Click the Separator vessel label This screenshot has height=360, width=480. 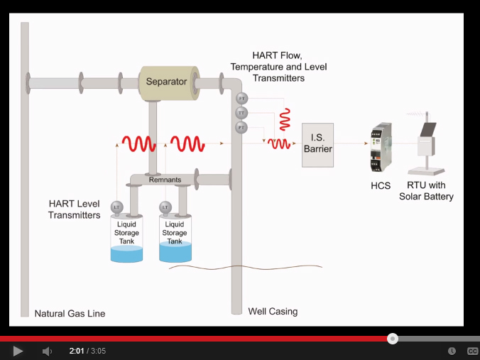pos(166,82)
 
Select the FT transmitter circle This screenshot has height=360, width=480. pos(241,98)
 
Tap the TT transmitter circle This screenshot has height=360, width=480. pos(241,113)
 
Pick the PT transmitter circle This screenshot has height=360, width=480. pos(241,128)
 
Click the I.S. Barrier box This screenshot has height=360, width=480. pos(317,144)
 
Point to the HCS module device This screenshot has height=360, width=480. pos(381,150)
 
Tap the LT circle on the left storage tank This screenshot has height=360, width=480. pos(117,207)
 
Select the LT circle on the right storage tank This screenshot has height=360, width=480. pos(165,207)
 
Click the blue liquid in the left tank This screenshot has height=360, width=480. pos(127,253)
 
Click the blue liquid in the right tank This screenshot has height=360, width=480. pos(175,252)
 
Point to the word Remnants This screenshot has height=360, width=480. pos(165,180)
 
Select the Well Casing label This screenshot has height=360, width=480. pos(273,311)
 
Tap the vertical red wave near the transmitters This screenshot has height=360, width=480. pos(285,119)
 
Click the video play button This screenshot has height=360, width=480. pos(18,351)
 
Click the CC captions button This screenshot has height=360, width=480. pos(472,351)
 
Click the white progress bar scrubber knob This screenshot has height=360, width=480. pos(393,339)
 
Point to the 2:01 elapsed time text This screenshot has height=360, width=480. pos(77,351)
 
